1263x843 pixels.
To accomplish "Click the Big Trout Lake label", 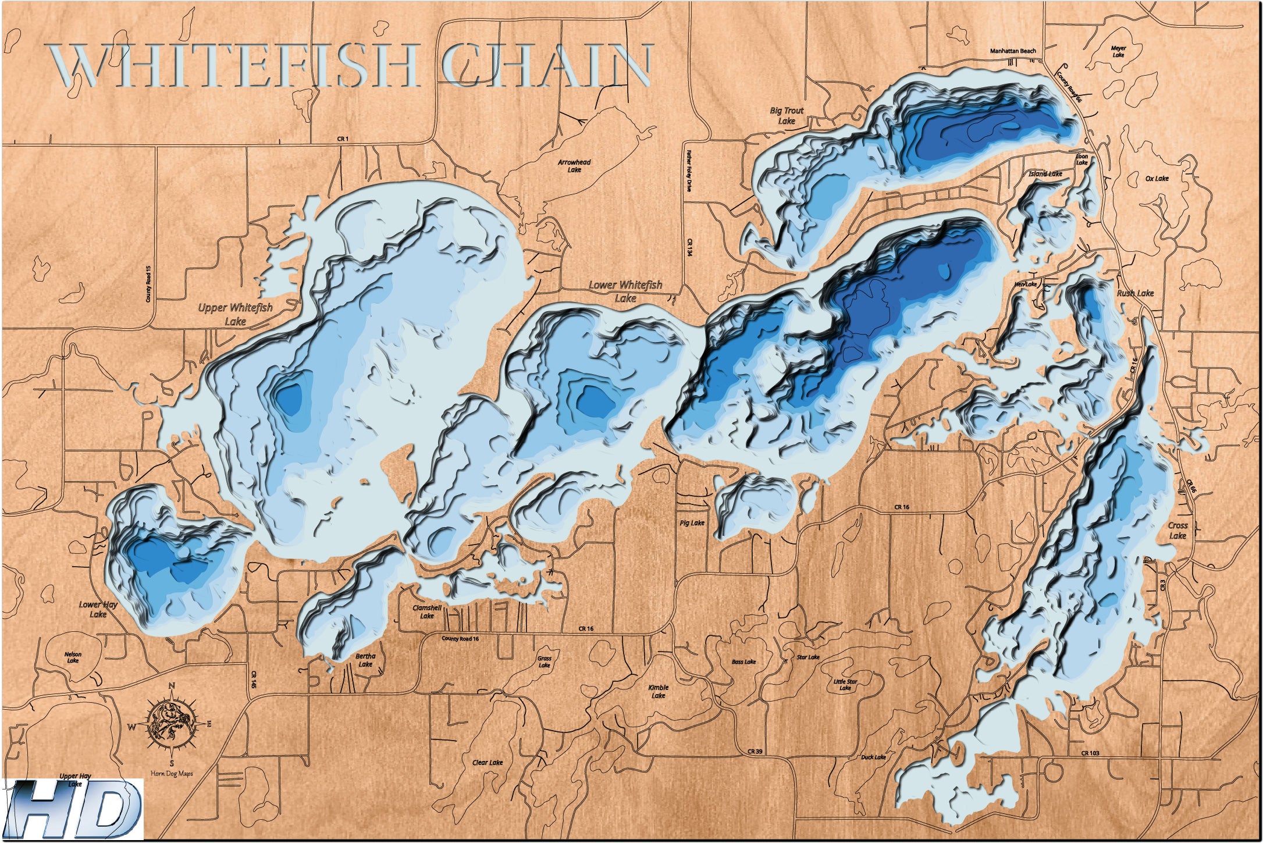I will point(787,115).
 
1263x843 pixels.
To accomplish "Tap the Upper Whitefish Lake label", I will point(235,314).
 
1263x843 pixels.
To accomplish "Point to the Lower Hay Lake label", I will point(98,609).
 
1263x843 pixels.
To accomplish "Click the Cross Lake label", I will point(1178,530).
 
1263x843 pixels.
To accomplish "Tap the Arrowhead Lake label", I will point(574,166).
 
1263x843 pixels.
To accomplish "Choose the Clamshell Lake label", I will point(427,611).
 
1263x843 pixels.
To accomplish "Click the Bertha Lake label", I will point(365,660).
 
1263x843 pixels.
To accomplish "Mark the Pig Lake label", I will point(692,523).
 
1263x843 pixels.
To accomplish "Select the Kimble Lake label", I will point(658,691).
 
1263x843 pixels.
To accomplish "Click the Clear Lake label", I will point(488,763).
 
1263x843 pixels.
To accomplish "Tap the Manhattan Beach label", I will point(1013,51).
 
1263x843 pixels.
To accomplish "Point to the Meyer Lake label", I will point(1118,52).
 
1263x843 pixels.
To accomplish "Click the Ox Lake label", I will point(1157,179).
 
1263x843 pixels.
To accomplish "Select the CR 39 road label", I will point(755,752).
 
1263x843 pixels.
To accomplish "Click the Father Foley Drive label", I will point(689,171).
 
